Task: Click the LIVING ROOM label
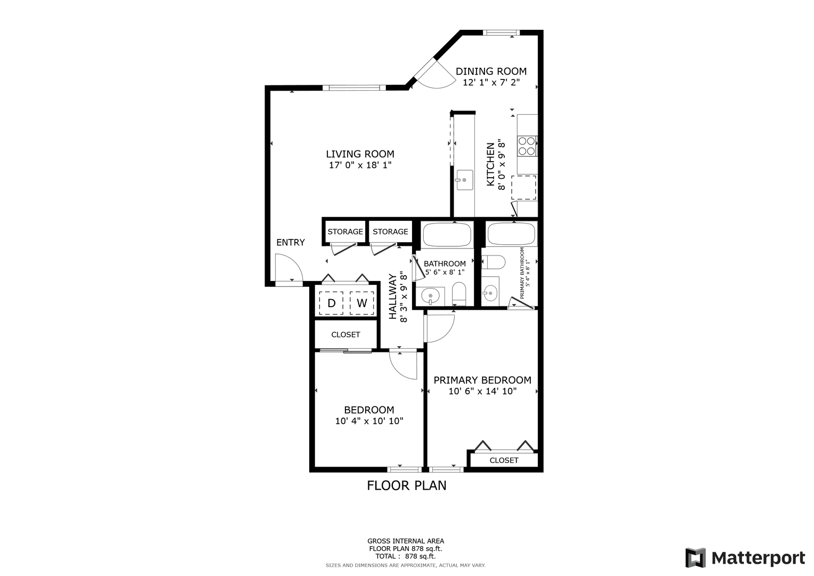[360, 154]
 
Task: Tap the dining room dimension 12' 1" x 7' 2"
[491, 83]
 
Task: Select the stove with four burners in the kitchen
[527, 146]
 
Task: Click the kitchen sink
[465, 180]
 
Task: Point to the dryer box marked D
[331, 303]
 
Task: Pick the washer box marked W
[361, 303]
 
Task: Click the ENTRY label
[291, 243]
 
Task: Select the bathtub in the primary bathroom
[511, 234]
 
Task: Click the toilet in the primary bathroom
[494, 262]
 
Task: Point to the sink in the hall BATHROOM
[430, 297]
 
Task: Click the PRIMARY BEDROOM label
[482, 380]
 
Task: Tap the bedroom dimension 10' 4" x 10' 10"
[369, 421]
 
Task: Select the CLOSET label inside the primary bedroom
[504, 460]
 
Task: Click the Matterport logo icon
[696, 558]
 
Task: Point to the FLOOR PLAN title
[407, 485]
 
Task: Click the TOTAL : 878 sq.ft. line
[406, 556]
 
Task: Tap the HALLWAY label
[393, 297]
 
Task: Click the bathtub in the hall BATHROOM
[447, 235]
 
